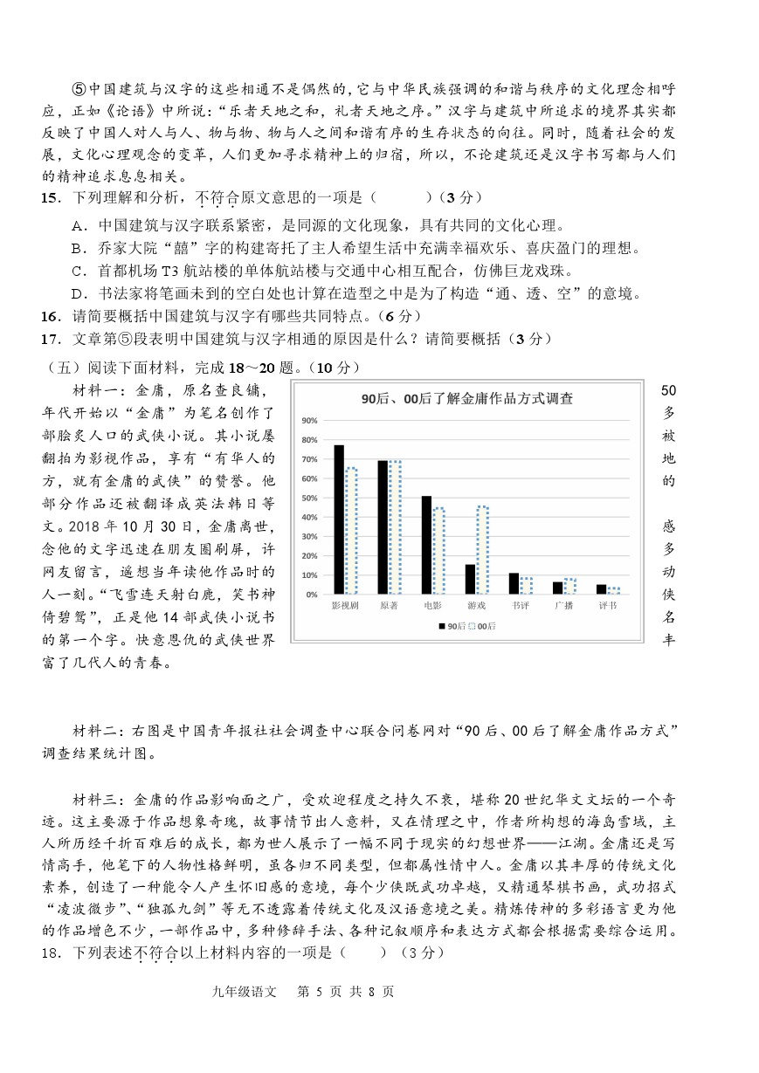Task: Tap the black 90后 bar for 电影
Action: coord(426,545)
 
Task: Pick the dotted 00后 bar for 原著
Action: coord(395,527)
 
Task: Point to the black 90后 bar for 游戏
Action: coord(470,579)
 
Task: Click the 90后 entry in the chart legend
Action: coord(452,626)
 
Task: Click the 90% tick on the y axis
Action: coord(308,421)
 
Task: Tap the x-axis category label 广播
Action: coord(563,604)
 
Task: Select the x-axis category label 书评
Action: coord(520,604)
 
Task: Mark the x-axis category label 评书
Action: coord(607,604)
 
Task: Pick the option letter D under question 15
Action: coord(78,292)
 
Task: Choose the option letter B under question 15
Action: coord(78,249)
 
